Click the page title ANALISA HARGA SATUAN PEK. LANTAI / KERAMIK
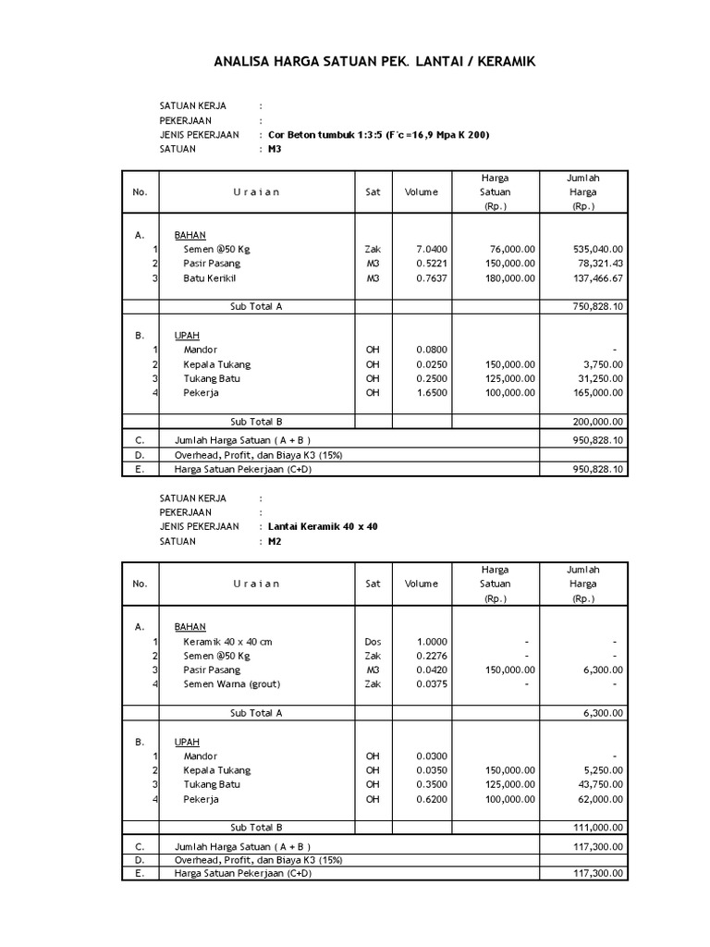pyautogui.click(x=374, y=62)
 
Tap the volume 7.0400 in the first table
pyautogui.click(x=432, y=249)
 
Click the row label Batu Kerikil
pyautogui.click(x=211, y=277)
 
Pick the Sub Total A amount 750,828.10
pyautogui.click(x=592, y=306)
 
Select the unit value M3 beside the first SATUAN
pyautogui.click(x=275, y=149)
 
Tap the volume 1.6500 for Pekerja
pyautogui.click(x=432, y=392)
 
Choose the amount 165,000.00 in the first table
pyautogui.click(x=592, y=392)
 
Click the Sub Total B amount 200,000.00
pyautogui.click(x=592, y=421)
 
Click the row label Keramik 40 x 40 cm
pyautogui.click(x=228, y=641)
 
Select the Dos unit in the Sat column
pyautogui.click(x=373, y=641)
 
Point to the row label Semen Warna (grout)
pyautogui.click(x=231, y=684)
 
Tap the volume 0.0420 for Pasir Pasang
pyautogui.click(x=432, y=670)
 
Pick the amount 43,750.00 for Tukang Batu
pyautogui.click(x=594, y=784)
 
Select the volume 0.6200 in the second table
pyautogui.click(x=432, y=799)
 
